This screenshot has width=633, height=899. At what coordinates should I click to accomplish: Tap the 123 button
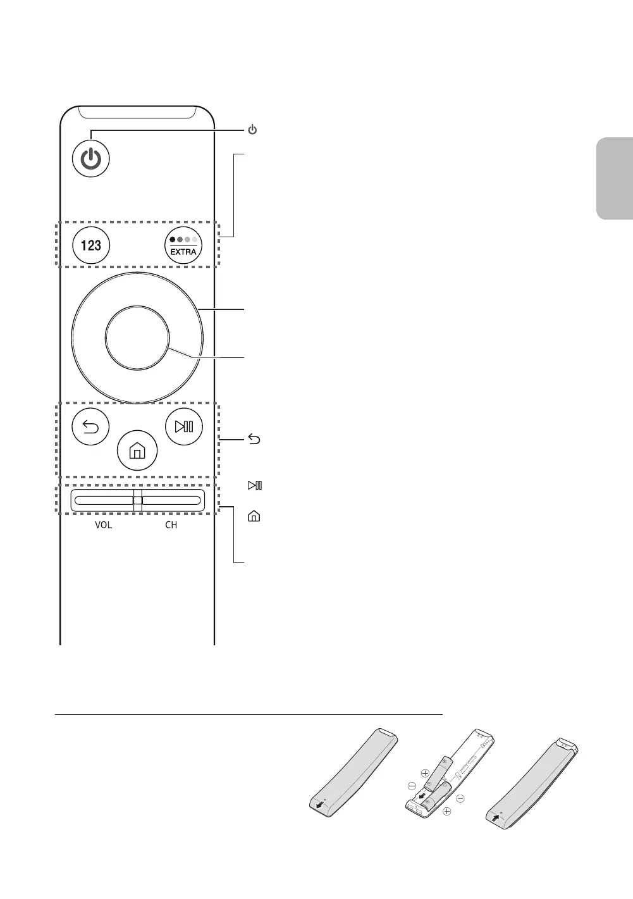tap(91, 245)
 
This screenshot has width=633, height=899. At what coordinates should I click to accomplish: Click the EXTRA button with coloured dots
tap(183, 245)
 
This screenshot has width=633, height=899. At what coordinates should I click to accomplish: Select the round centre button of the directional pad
tap(138, 338)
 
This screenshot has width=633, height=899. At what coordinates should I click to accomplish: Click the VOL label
tap(103, 525)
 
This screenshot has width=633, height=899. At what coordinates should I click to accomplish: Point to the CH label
tap(171, 525)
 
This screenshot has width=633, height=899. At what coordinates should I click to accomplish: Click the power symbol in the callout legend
tap(252, 130)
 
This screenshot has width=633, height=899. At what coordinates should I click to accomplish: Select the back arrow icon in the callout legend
tap(253, 440)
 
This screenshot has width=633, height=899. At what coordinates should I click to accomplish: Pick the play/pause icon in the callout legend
tap(255, 485)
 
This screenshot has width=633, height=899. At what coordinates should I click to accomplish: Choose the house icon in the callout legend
tap(253, 516)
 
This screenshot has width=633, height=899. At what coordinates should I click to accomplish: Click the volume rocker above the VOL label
tap(102, 500)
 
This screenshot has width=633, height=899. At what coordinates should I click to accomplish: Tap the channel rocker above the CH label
tap(172, 500)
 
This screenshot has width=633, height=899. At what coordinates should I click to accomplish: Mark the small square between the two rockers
tap(137, 500)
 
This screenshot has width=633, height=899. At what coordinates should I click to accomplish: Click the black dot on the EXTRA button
tap(173, 240)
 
